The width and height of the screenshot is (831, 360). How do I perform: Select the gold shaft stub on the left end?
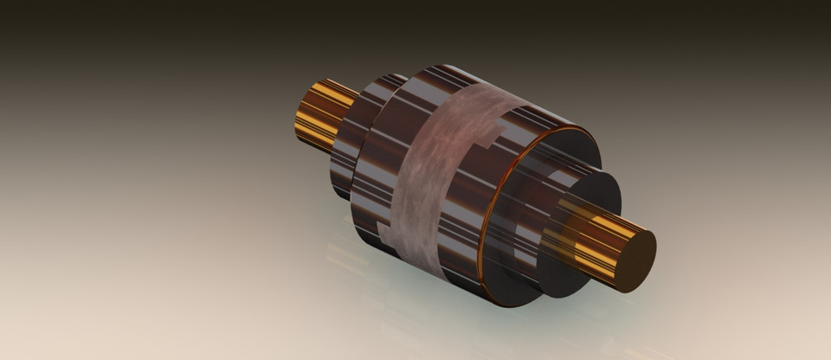coord(320,111)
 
